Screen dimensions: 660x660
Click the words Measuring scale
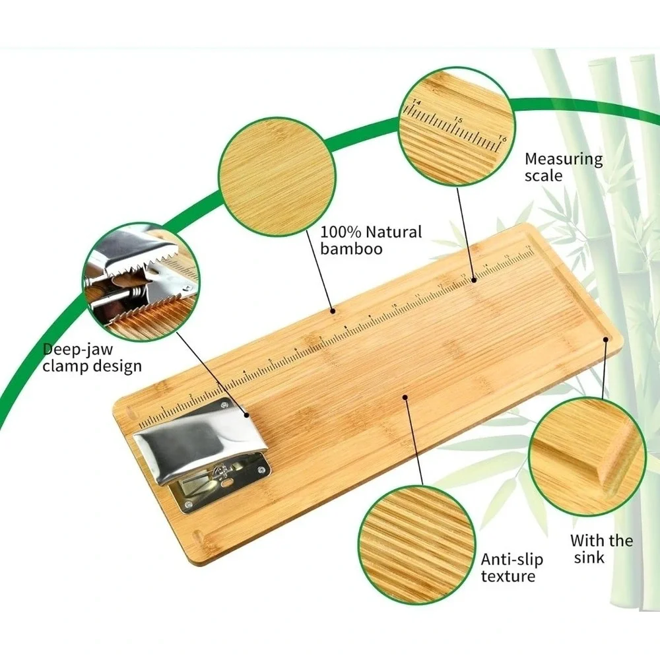(564, 167)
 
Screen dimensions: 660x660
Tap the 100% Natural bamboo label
(371, 240)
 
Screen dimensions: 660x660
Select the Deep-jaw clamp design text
(92, 358)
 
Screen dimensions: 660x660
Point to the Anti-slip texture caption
(512, 568)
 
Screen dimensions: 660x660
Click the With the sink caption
(601, 548)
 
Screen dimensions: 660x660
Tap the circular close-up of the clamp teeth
(141, 282)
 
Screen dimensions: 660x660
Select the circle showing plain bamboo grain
(277, 176)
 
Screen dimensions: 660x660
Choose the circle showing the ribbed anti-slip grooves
(416, 545)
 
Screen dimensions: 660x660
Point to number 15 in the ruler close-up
(459, 120)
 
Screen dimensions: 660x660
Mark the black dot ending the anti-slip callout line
(405, 397)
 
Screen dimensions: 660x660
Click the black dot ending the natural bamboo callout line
(333, 311)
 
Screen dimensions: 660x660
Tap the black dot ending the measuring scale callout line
(473, 279)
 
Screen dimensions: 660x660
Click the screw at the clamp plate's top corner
(224, 405)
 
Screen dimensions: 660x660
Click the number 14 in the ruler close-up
(416, 102)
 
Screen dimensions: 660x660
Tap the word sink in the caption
(589, 557)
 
